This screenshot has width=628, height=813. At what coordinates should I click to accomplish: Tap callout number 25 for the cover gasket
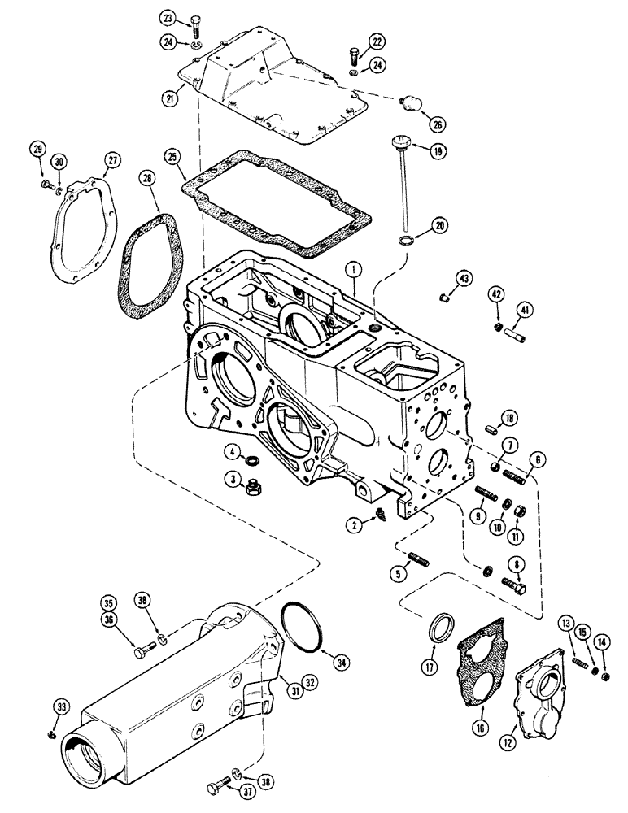click(x=171, y=154)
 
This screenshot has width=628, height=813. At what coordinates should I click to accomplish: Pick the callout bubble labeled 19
click(x=416, y=150)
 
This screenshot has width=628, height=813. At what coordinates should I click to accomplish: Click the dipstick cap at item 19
click(x=397, y=146)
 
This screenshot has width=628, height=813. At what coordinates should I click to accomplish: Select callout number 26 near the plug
click(x=438, y=124)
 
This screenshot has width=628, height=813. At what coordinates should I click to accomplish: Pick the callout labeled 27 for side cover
click(x=111, y=160)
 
